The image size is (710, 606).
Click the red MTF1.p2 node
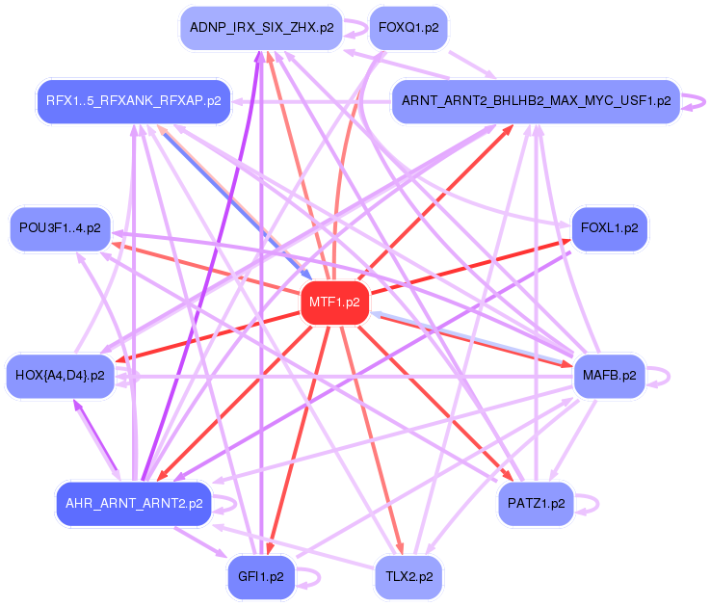[x=334, y=303]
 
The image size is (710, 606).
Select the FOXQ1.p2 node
[x=408, y=27]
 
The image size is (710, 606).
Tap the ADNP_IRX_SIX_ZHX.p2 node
[x=261, y=27]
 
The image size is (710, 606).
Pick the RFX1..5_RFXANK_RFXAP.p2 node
[x=133, y=99]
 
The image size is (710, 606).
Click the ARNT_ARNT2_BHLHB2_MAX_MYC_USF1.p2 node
[x=536, y=100]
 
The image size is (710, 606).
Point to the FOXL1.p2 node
[x=610, y=228]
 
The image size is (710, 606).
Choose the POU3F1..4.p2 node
[x=60, y=228]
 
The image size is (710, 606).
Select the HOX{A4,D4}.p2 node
[x=60, y=375]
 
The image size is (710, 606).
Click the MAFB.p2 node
[x=610, y=375]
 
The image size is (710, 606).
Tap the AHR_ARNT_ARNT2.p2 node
[x=133, y=503]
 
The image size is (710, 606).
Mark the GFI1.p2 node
[x=261, y=576]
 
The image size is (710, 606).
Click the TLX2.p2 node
[x=408, y=576]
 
